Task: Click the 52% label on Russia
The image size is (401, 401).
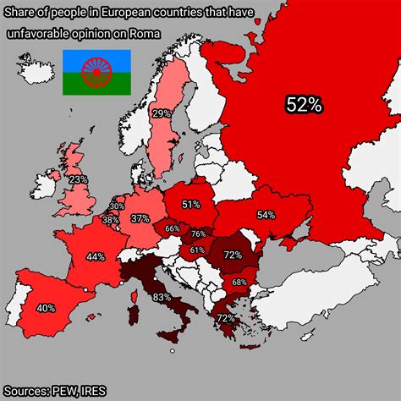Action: (304, 105)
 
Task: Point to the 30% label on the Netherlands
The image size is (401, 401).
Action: (117, 206)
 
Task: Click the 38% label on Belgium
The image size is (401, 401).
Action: (111, 220)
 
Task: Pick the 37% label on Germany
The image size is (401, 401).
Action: (140, 218)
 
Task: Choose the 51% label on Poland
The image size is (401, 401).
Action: (190, 204)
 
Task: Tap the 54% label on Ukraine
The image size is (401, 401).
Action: (266, 215)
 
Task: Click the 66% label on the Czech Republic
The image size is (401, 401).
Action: (173, 228)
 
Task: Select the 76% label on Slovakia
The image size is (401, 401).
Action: (199, 234)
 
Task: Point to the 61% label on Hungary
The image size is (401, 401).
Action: (197, 250)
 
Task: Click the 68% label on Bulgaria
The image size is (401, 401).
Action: (239, 282)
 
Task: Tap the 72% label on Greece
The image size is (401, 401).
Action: (225, 318)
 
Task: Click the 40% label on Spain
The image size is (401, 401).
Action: (46, 308)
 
